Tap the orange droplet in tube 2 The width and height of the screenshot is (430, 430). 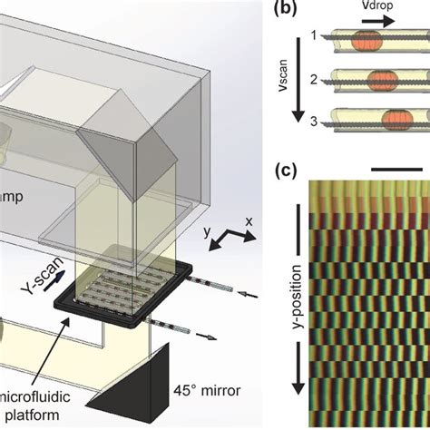pyautogui.click(x=367, y=81)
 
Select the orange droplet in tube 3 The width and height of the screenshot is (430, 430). pyautogui.click(x=375, y=120)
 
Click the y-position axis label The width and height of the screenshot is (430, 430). pyautogui.click(x=297, y=299)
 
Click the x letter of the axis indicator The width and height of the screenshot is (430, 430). pyautogui.click(x=257, y=220)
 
